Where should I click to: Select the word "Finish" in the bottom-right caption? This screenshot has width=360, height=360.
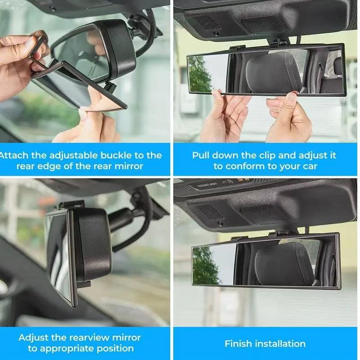(238, 344)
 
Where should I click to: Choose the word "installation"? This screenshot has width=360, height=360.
(280, 344)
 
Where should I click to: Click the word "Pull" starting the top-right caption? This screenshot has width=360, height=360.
(201, 155)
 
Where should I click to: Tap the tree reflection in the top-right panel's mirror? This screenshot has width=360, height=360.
(200, 74)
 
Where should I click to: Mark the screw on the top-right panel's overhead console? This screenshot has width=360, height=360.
(216, 33)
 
